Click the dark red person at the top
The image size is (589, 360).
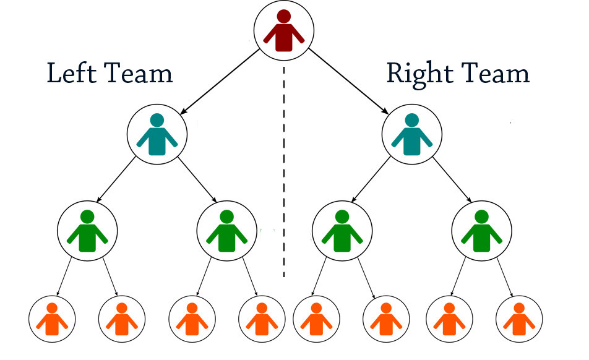pos(284,31)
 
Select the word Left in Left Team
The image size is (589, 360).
pos(70,74)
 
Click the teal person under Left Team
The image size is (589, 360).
pos(157,134)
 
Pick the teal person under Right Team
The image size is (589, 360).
pos(412,134)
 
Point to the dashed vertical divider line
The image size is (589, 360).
pos(284,173)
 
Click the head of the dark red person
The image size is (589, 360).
pos(284,17)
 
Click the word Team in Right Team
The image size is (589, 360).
pos(496,74)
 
